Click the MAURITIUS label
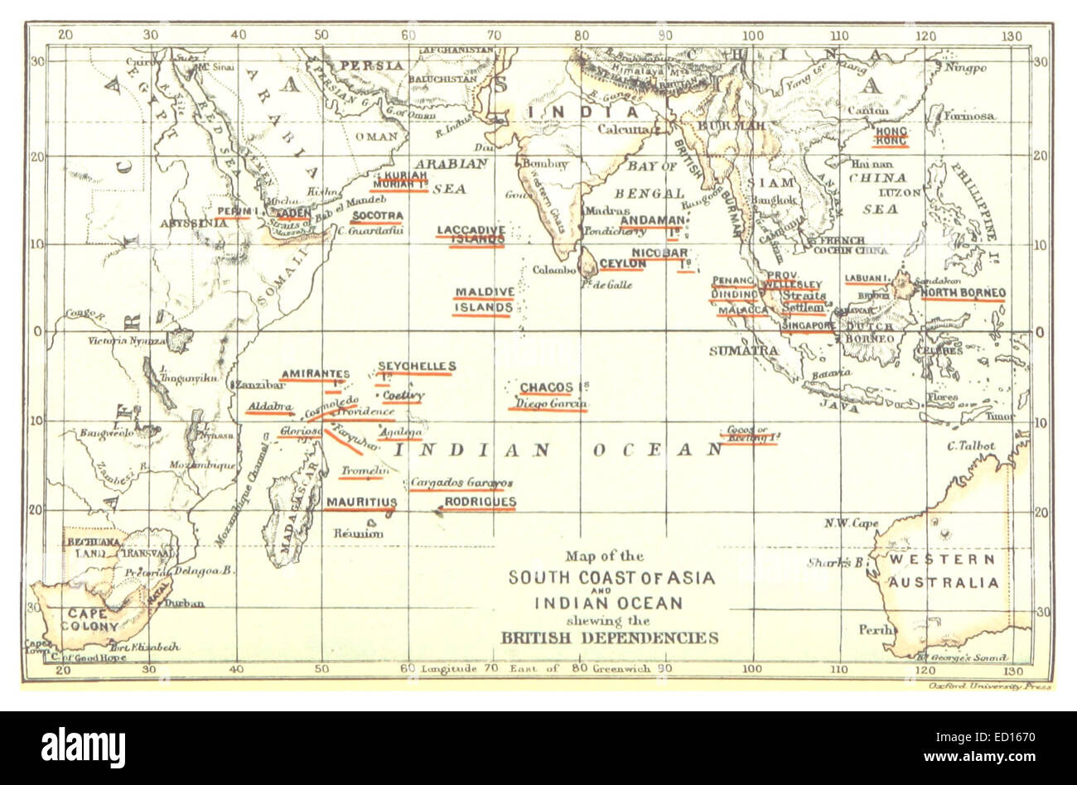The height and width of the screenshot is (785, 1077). click(x=360, y=502)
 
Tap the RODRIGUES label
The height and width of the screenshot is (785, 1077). click(x=480, y=502)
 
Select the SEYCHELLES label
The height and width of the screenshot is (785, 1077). click(x=417, y=366)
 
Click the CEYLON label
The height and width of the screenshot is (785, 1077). click(x=622, y=263)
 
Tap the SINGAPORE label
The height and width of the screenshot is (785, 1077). click(x=808, y=326)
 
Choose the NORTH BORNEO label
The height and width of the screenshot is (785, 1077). click(x=963, y=293)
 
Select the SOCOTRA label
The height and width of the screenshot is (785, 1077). click(x=377, y=216)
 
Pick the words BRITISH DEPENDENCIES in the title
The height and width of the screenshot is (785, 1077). click(x=609, y=638)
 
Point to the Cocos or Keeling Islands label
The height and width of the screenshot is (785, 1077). click(x=749, y=434)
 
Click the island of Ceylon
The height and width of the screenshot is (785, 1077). click(x=587, y=265)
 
